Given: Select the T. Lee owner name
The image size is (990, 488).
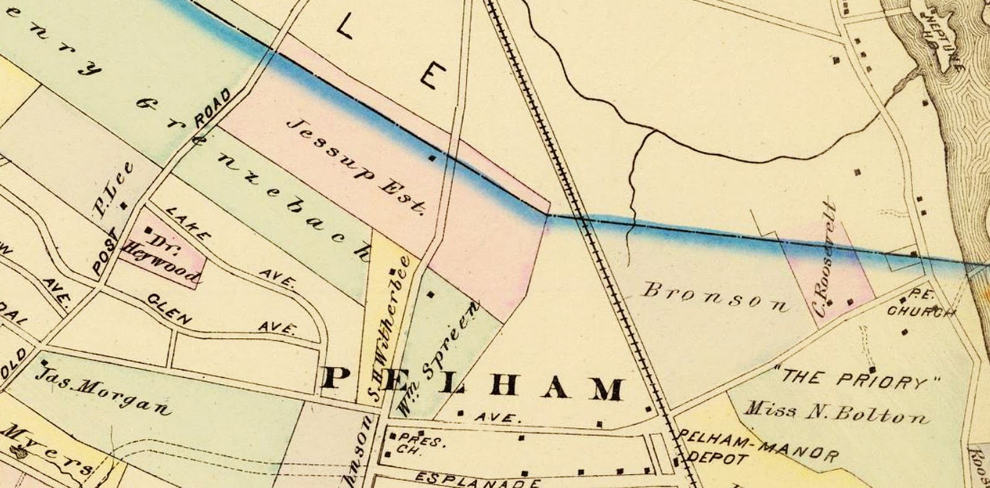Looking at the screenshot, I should (x=113, y=190).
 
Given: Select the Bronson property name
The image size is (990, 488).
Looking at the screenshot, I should (x=715, y=297).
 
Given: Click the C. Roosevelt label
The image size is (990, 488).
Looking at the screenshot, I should (x=827, y=259).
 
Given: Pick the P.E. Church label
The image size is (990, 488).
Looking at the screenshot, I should (x=919, y=304).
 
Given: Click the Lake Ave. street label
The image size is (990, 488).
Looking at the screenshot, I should (x=229, y=247).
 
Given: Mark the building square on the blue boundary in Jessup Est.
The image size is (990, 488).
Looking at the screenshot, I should (x=433, y=158).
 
